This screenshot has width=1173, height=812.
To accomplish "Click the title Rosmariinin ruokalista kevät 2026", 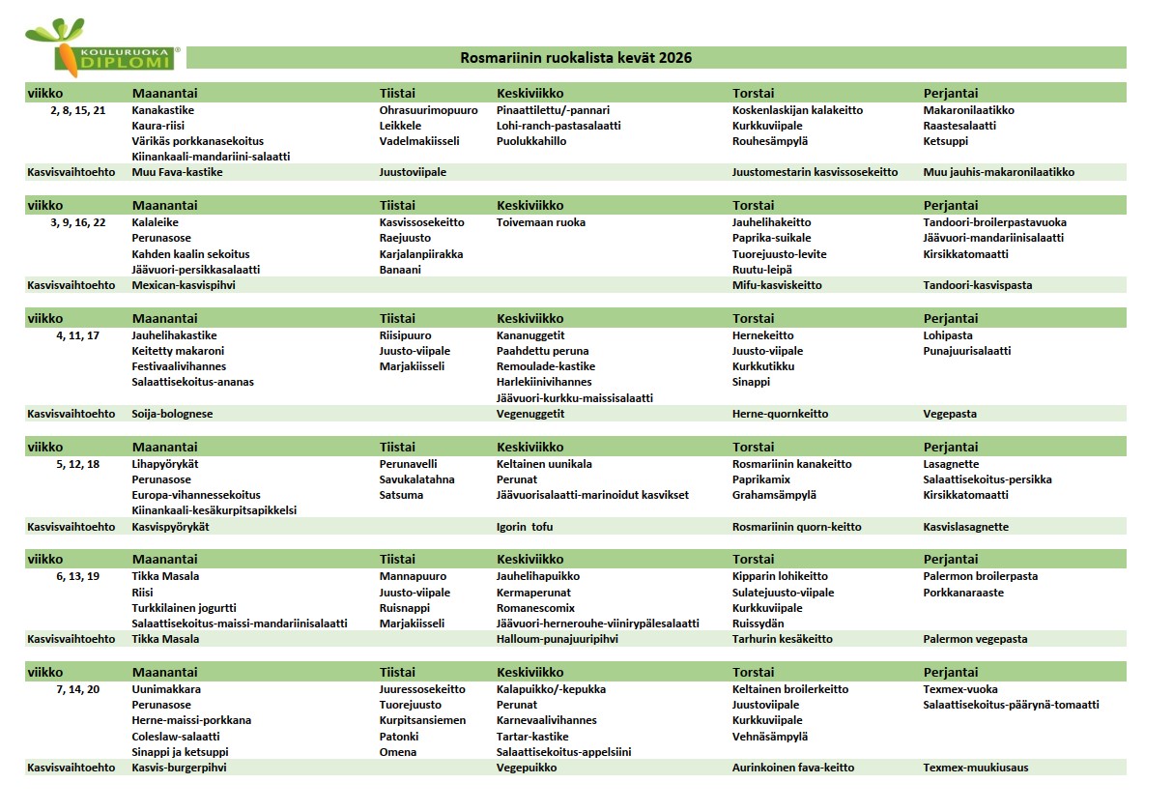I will (x=576, y=58).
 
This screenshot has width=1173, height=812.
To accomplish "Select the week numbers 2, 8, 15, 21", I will (x=78, y=110).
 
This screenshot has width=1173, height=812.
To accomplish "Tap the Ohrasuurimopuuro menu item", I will (x=422, y=110).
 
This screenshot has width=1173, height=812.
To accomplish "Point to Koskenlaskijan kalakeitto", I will (x=797, y=110).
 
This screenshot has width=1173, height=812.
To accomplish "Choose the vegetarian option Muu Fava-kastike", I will (x=177, y=172).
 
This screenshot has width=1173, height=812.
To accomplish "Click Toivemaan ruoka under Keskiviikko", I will (x=541, y=222).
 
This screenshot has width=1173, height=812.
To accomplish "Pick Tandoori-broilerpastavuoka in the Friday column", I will (x=993, y=222).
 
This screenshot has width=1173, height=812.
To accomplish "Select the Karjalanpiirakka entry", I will (x=421, y=254).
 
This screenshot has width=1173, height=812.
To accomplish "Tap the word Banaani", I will (x=400, y=270).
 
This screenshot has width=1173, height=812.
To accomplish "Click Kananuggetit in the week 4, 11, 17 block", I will (x=530, y=335).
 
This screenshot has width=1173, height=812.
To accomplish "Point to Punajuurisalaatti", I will (x=966, y=351).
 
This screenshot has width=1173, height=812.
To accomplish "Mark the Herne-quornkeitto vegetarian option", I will (x=780, y=414).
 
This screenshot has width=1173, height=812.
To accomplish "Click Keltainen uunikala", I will (x=544, y=464).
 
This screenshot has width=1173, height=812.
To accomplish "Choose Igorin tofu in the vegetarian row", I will (x=525, y=527).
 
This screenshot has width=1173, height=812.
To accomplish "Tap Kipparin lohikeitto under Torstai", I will (x=780, y=576).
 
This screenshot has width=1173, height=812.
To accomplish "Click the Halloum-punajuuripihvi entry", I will (x=557, y=639).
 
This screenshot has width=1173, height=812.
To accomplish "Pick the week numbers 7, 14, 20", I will (x=78, y=689).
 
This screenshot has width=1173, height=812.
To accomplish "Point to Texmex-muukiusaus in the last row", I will (x=976, y=768).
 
